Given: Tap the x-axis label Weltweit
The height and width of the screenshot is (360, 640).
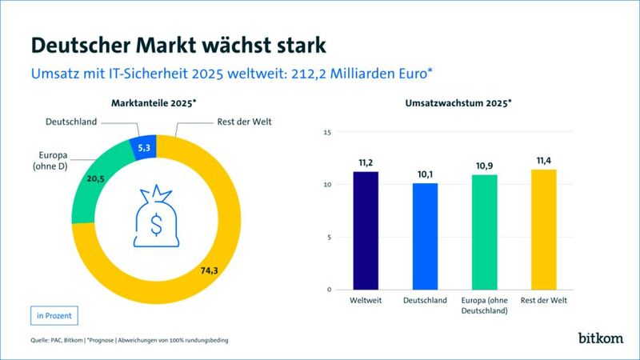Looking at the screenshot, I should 365,300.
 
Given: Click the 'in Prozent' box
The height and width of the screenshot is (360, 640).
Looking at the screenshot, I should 55,315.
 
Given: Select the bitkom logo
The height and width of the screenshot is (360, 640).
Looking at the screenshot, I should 601,338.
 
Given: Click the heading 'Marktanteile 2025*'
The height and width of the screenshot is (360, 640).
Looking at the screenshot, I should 154,102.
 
